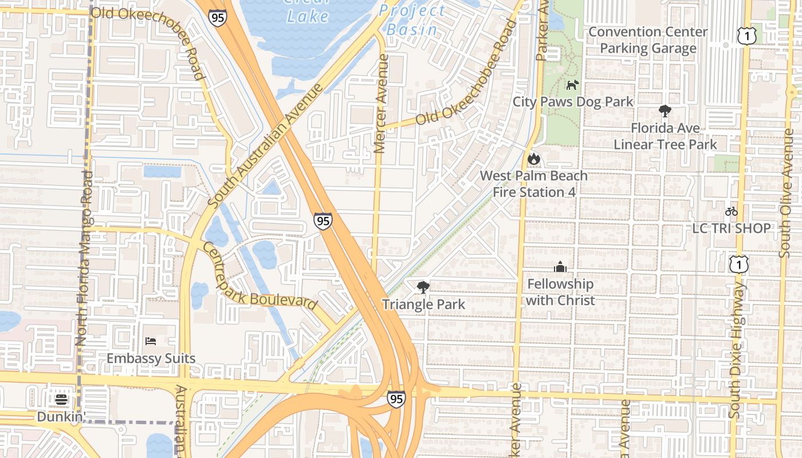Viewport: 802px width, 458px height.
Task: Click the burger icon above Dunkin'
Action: point(61,399)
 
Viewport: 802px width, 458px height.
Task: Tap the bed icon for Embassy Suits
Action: point(151,341)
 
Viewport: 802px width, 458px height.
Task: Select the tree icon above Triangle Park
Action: point(423,287)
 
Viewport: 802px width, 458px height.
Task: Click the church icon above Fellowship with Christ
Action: point(560,267)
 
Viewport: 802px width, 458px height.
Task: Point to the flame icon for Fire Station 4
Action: point(534,159)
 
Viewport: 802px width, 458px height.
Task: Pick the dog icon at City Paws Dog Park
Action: point(572,85)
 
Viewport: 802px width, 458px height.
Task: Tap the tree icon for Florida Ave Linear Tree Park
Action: point(665,111)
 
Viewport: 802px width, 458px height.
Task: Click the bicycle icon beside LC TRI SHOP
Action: point(731,211)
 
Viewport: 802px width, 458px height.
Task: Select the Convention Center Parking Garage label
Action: point(648,40)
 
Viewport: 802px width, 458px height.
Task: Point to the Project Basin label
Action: point(412,20)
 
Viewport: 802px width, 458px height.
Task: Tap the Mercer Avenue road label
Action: point(380,103)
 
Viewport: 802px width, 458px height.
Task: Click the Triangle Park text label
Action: point(423,304)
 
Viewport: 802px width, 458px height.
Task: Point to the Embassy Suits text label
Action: point(151,359)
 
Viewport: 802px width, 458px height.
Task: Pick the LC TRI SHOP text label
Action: point(731,228)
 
